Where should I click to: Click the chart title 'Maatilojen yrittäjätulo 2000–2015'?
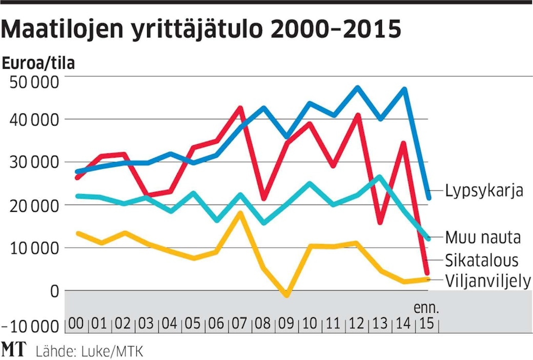(201, 30)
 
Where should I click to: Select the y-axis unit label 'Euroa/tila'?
(38, 64)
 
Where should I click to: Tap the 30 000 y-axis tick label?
(34, 163)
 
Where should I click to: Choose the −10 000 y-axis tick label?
(31, 326)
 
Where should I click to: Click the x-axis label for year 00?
(76, 325)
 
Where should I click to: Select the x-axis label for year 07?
(240, 325)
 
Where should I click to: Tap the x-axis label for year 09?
(286, 325)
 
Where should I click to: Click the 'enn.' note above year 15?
(426, 309)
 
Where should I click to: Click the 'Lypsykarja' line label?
(484, 191)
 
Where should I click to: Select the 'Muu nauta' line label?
(483, 237)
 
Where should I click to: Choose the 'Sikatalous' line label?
(482, 259)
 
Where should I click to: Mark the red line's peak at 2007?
(240, 108)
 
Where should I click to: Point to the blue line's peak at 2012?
(357, 88)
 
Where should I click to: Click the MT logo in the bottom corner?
(14, 350)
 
